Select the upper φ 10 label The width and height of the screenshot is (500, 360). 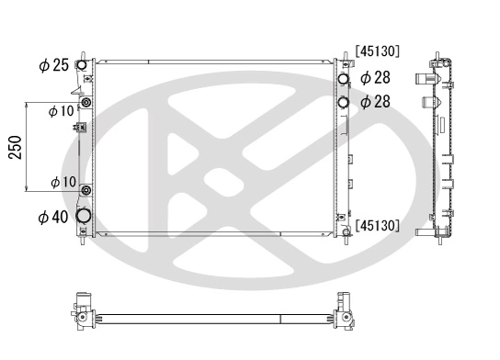coord(62,111)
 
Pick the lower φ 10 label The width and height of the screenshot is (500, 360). coord(62,183)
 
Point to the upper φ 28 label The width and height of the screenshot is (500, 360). coord(376,79)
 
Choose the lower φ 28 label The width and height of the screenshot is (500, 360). coord(376,102)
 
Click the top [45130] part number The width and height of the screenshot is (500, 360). coord(376,52)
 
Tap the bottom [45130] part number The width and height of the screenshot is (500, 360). coord(376,223)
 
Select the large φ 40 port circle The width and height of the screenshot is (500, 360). coord(85,216)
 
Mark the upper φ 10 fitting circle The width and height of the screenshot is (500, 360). coord(85,103)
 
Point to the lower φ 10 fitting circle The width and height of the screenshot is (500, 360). coord(85,191)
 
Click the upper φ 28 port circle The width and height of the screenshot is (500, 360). coord(344,80)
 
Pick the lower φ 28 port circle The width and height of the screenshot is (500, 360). coord(344,102)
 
